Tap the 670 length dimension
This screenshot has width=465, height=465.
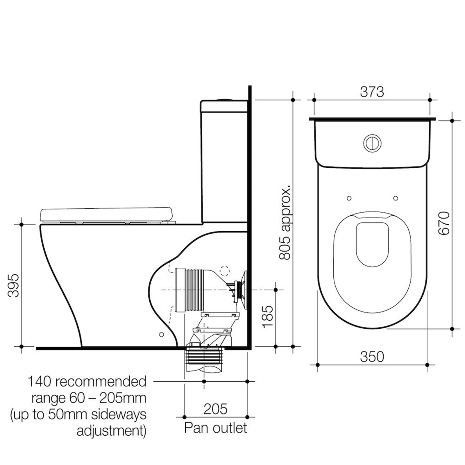444,223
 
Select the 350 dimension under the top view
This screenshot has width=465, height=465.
372,357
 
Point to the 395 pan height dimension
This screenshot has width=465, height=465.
13,285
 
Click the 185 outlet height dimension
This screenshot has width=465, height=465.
267,316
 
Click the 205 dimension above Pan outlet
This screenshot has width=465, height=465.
215,409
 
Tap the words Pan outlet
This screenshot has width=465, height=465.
215,428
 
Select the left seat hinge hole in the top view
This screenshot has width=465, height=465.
349,198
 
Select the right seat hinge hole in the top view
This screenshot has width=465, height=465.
395,198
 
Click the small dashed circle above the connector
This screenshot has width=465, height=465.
224,271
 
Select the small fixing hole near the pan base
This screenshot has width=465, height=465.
161,335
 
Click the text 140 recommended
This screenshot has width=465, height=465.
87,382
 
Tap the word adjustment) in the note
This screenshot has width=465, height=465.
111,431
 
